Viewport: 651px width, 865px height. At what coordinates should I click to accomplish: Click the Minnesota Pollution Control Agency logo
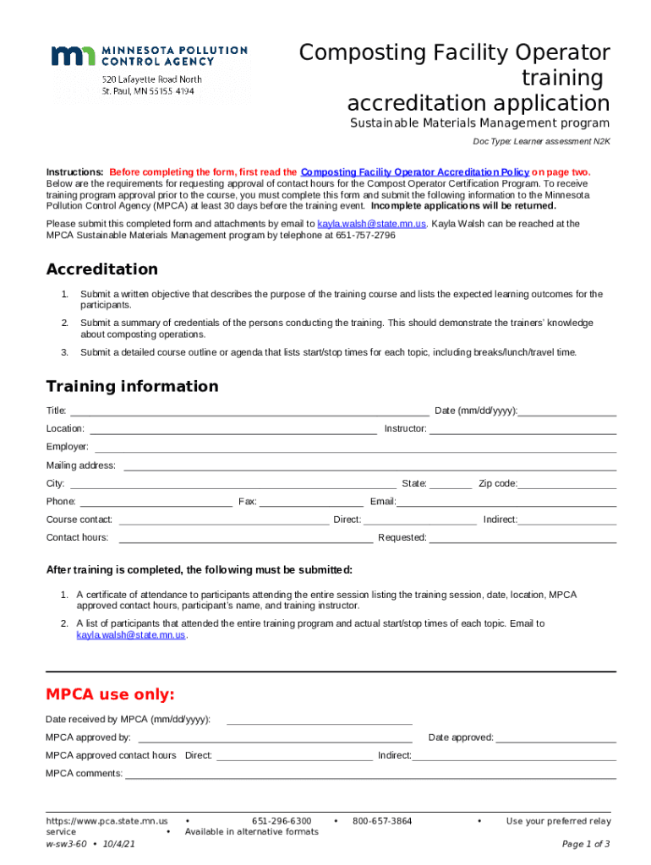[149, 68]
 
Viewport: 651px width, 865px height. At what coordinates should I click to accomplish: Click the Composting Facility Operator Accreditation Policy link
[414, 171]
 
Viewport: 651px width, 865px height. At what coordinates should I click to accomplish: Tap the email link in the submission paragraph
[371, 224]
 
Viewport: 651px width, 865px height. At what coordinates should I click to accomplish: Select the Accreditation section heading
[101, 269]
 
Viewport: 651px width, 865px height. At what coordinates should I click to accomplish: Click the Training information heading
[132, 387]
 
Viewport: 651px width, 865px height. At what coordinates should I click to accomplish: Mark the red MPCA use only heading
[110, 695]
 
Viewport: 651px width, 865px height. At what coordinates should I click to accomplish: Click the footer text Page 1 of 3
[586, 844]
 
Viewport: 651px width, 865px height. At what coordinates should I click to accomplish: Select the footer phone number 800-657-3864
[382, 821]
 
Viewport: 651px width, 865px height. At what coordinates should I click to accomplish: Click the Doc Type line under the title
[541, 142]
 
